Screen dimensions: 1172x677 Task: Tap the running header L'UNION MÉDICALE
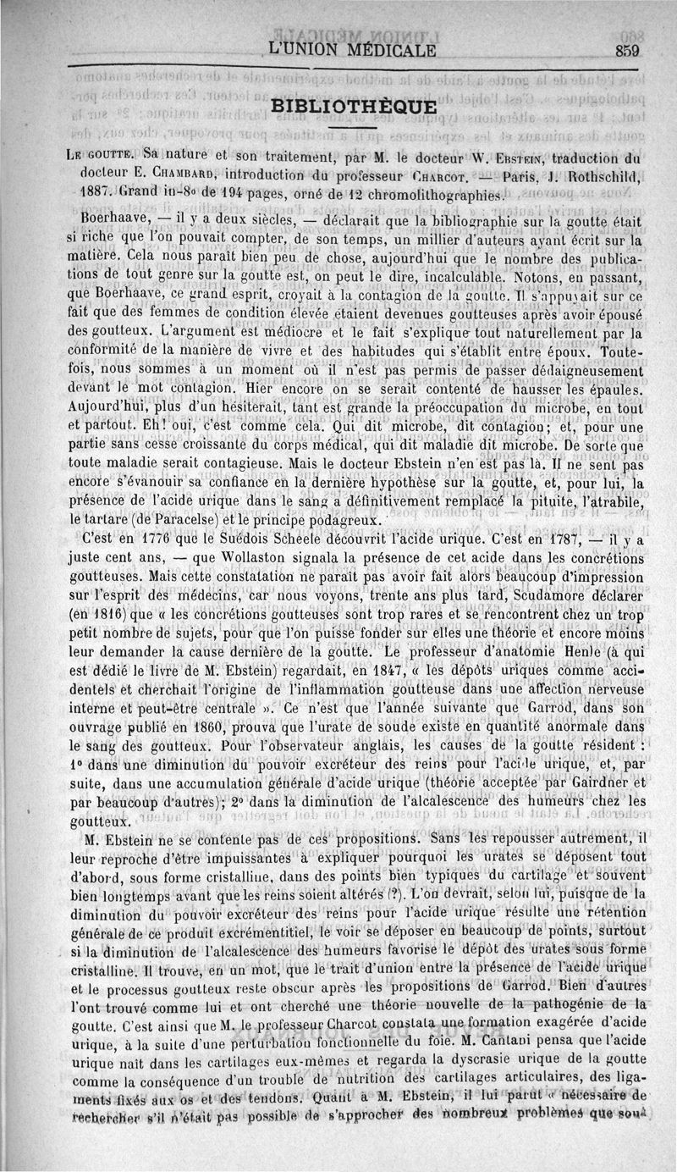pos(351,50)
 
